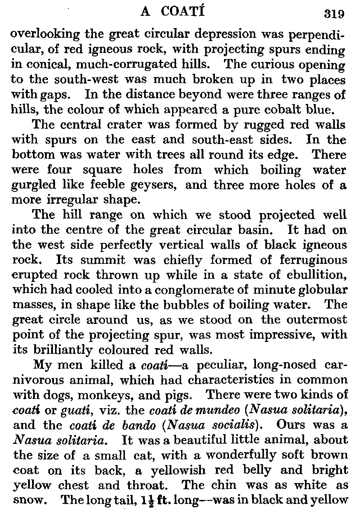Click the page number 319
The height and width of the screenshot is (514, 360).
coord(334,14)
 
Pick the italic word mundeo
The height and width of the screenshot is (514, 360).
coord(226,410)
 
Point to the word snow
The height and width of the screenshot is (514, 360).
coord(27,500)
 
